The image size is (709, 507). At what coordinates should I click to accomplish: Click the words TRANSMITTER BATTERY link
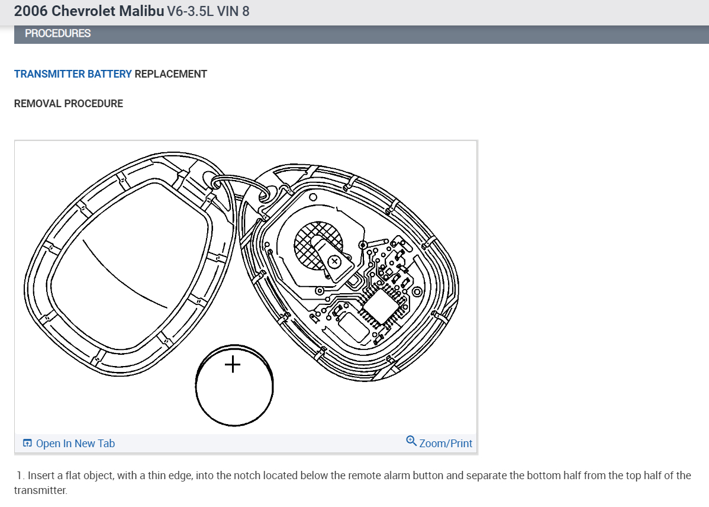tap(73, 74)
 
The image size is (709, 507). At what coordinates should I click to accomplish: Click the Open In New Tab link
tap(75, 443)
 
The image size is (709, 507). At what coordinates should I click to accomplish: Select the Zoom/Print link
tap(446, 443)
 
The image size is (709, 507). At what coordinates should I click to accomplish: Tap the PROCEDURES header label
tap(58, 34)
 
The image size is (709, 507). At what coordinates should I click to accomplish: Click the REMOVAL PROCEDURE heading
tap(68, 104)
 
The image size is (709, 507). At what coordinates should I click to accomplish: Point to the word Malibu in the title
tap(141, 11)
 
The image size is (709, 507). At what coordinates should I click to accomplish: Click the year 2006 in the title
tap(31, 11)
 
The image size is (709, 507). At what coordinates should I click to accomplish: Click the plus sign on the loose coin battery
tap(233, 364)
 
